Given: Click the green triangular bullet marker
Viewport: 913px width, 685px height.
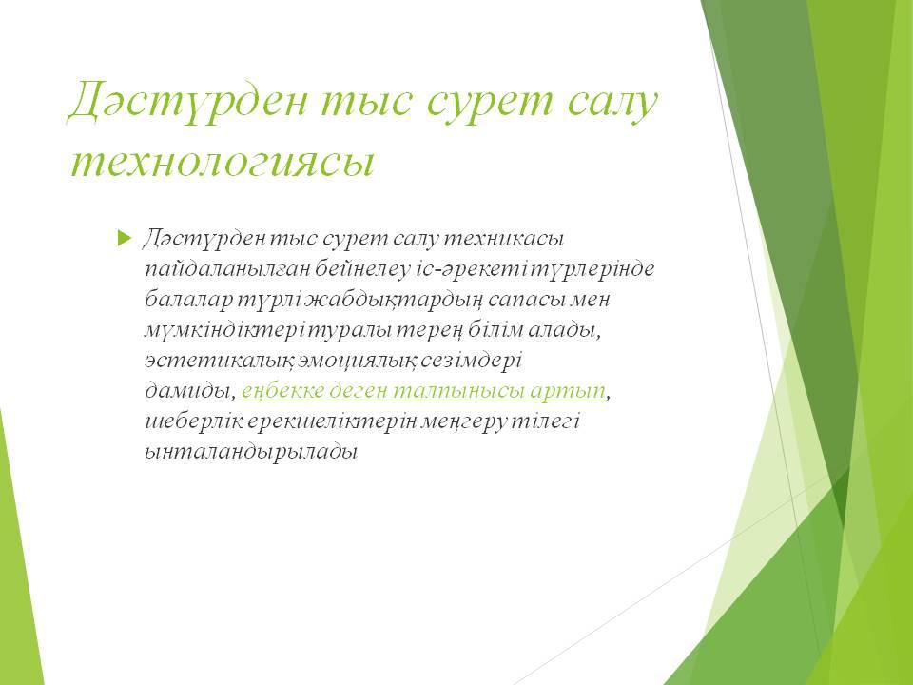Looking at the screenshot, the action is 125,238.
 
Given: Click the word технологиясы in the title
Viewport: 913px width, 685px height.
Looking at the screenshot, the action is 222,162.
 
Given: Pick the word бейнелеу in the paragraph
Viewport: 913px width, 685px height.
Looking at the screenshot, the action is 362,268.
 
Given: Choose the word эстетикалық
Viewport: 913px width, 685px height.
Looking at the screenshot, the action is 219,362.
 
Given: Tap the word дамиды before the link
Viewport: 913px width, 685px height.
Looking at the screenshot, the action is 190,391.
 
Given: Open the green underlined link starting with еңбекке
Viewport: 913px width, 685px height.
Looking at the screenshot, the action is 424,391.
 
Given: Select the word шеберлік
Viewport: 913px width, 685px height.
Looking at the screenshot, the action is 193,421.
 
